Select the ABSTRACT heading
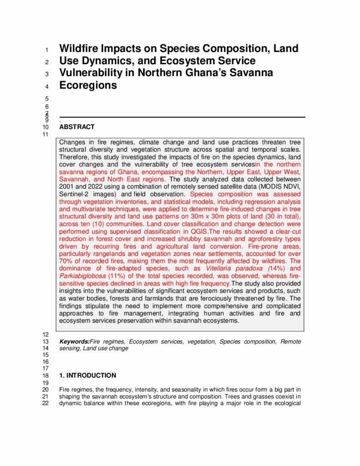click(77, 127)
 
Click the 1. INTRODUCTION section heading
click(88, 375)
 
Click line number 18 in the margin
click(45, 376)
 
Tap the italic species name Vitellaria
click(222, 268)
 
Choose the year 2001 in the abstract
click(66, 186)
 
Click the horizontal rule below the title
click(182, 117)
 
